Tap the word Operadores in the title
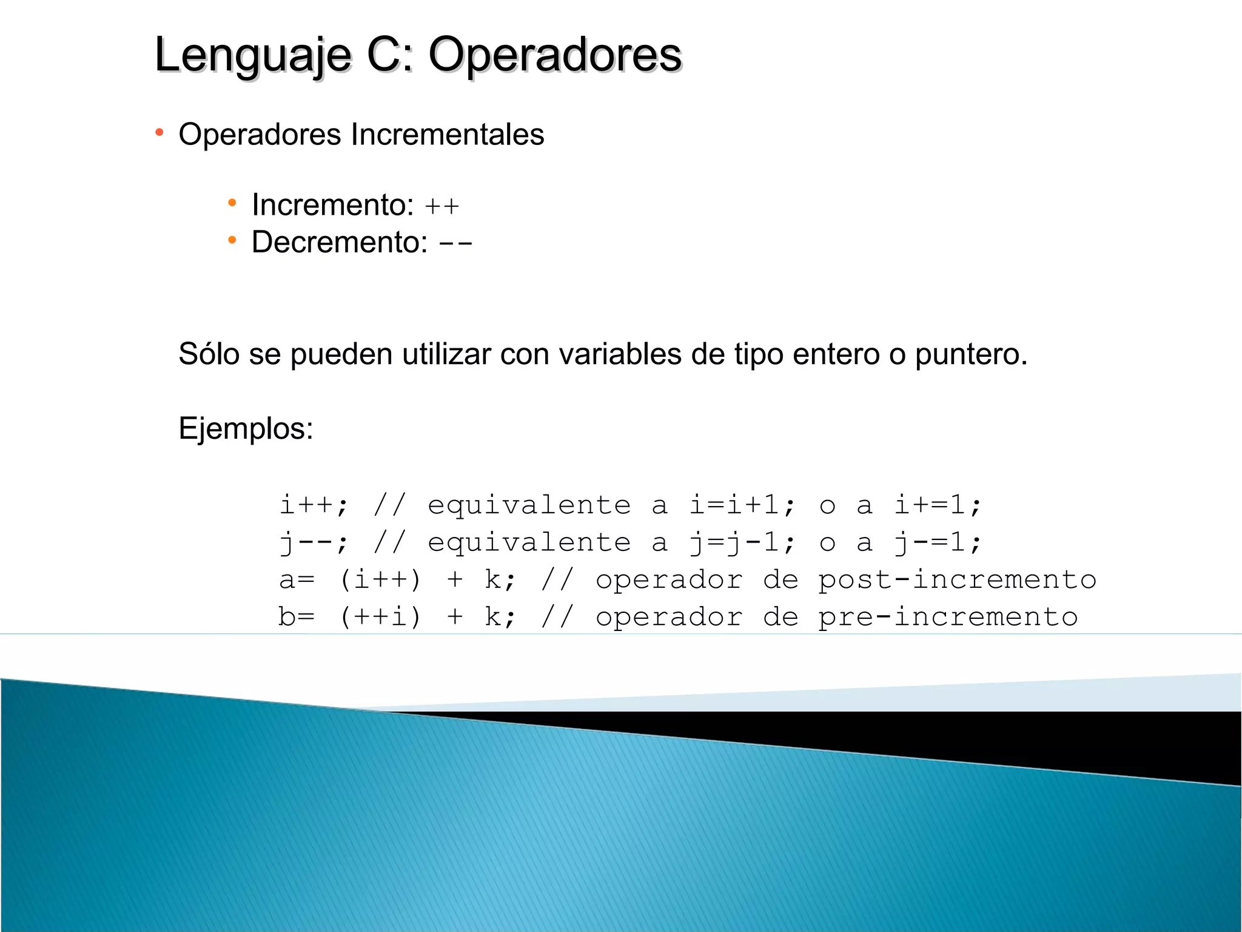coord(555,56)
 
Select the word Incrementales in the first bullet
coord(447,135)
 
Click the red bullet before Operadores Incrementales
coord(159,132)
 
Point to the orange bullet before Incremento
coord(232,203)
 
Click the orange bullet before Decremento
coord(232,241)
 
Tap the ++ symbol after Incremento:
coord(441,207)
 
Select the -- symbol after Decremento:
coord(455,245)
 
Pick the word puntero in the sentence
coord(970,355)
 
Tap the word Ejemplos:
coord(246,429)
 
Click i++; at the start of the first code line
coord(314,505)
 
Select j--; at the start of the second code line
coord(314,543)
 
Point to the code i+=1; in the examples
coord(938,505)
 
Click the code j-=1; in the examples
coord(938,543)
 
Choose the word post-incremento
coord(957,581)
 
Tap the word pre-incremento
coord(948,618)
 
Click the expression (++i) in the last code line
coord(380,618)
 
